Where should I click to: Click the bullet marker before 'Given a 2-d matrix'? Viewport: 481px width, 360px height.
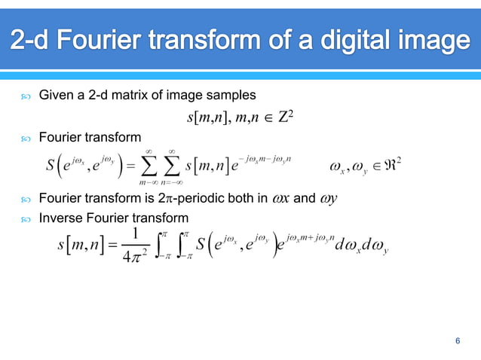[26, 96]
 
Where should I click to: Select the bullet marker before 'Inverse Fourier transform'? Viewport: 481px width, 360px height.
[26, 219]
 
